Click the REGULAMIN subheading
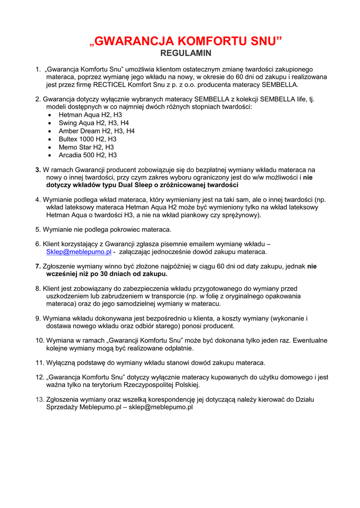186,53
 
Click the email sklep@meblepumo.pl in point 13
161,407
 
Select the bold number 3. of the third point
38,170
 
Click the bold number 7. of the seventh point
38,266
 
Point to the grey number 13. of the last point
40,399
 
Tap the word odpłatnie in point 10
179,348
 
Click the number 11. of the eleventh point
40,363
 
